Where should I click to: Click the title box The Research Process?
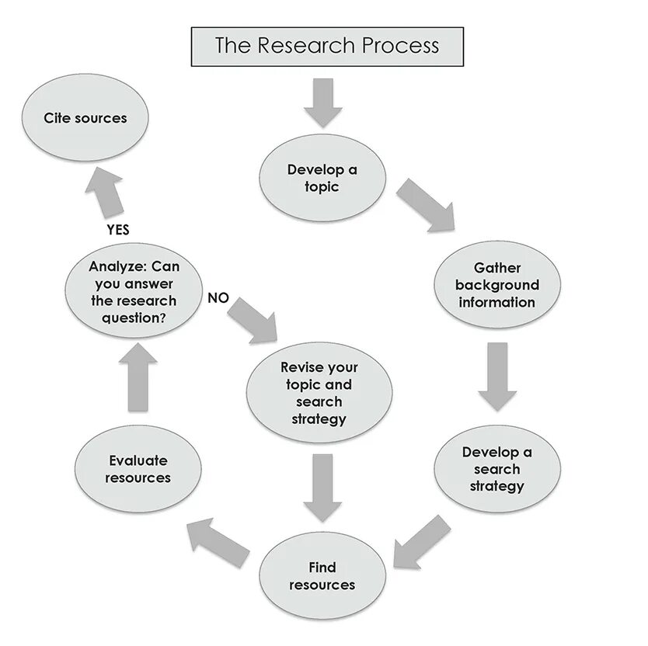327,46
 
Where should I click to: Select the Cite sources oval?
85,119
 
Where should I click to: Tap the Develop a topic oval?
322,179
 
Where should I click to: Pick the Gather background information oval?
496,285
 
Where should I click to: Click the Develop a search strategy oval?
496,469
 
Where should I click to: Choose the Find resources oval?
322,576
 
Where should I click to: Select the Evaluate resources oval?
138,469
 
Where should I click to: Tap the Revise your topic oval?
319,393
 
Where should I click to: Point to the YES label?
117,230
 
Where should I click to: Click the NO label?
218,297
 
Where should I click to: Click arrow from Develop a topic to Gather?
426,206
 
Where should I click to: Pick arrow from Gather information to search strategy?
497,377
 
